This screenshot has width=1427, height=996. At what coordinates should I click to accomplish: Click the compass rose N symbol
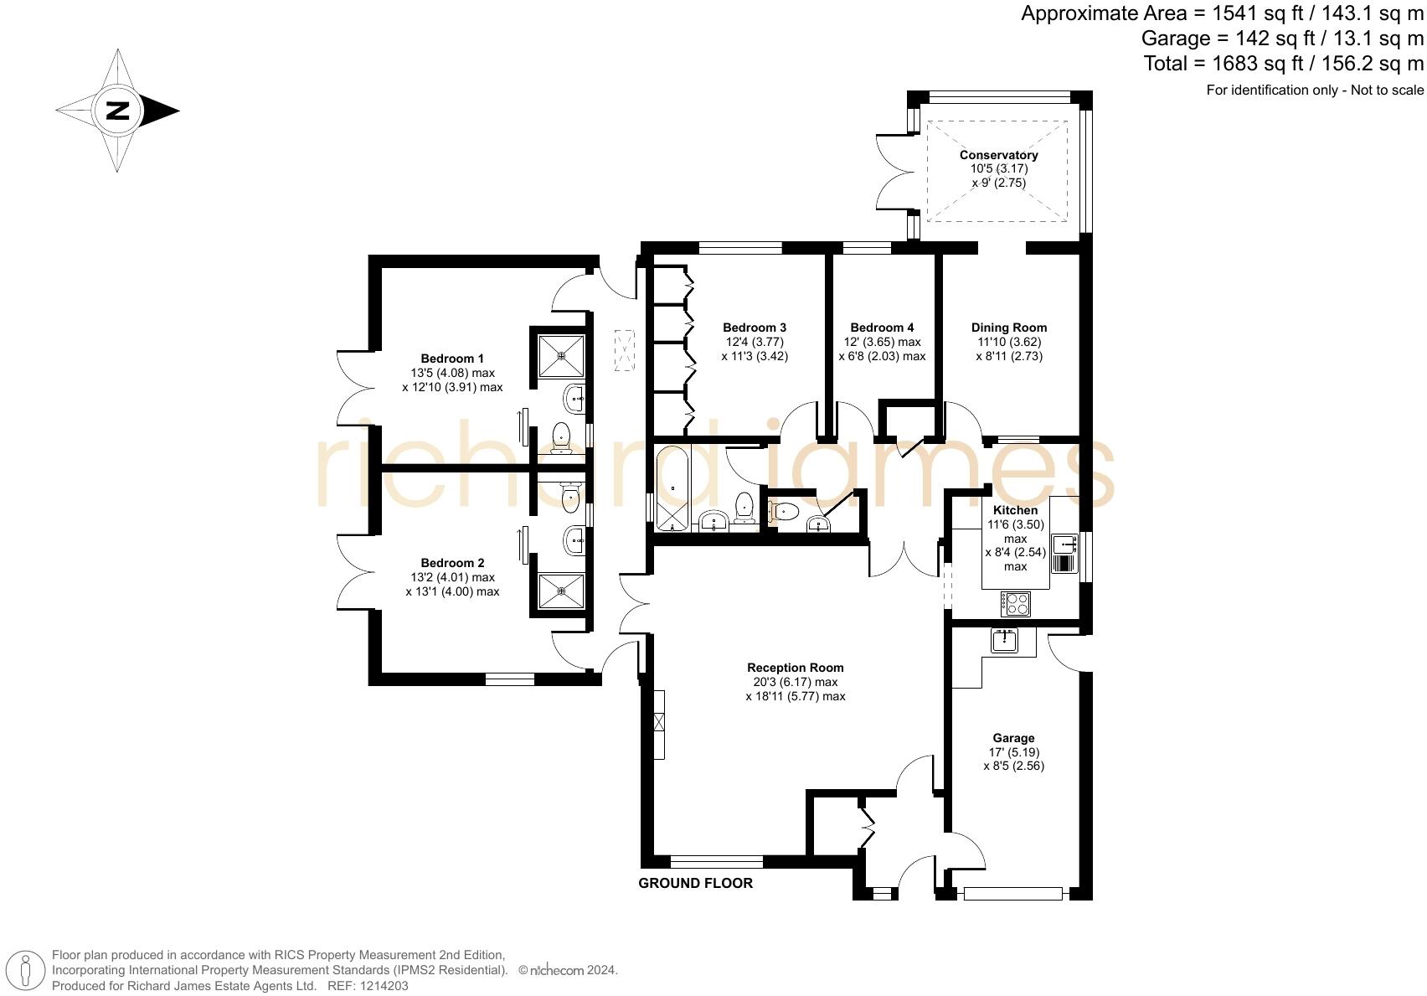[x=118, y=111]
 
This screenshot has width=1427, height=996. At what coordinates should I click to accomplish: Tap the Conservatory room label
[x=998, y=155]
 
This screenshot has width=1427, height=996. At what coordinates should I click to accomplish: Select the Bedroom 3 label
[x=754, y=328]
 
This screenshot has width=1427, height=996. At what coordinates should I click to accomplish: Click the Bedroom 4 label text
[x=882, y=328]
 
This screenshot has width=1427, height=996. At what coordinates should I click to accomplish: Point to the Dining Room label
[x=1008, y=328]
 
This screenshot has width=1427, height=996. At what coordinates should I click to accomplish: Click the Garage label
[x=1013, y=738]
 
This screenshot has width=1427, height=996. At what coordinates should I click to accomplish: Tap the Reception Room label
[x=795, y=668]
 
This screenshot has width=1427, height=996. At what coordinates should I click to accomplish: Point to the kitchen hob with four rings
[x=1017, y=602]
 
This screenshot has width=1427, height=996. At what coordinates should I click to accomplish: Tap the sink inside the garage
[x=1003, y=641]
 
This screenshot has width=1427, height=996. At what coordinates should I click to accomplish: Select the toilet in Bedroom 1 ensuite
[x=561, y=436]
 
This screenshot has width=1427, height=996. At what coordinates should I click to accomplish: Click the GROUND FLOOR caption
[x=695, y=883]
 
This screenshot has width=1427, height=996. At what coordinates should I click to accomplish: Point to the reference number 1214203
[x=385, y=986]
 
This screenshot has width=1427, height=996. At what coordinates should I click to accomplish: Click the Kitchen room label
[x=1015, y=510]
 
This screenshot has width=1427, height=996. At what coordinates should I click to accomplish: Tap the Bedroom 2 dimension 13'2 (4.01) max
[x=452, y=577]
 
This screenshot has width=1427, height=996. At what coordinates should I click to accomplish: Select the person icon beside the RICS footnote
[x=27, y=971]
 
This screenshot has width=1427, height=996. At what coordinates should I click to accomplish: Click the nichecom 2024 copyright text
[x=568, y=970]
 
